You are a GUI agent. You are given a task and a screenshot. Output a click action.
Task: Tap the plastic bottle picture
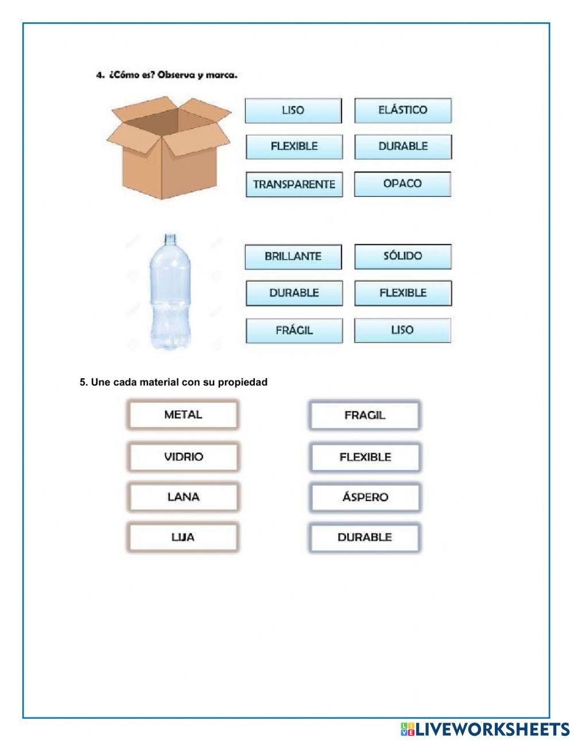pyautogui.click(x=169, y=293)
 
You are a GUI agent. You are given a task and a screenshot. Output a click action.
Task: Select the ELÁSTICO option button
pyautogui.click(x=402, y=110)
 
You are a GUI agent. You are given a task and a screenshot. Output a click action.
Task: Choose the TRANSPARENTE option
pyautogui.click(x=294, y=184)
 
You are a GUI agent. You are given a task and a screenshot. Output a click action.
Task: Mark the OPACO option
pyautogui.click(x=402, y=184)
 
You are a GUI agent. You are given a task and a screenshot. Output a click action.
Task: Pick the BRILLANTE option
pyautogui.click(x=293, y=257)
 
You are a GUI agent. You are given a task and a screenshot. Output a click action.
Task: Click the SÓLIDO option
pyautogui.click(x=402, y=256)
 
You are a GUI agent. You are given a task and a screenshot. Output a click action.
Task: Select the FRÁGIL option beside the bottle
pyautogui.click(x=294, y=331)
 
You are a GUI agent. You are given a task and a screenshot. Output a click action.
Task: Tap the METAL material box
pyautogui.click(x=183, y=414)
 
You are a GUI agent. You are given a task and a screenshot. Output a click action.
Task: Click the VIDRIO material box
pyautogui.click(x=183, y=457)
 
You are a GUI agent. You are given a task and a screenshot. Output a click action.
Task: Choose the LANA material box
pyautogui.click(x=183, y=497)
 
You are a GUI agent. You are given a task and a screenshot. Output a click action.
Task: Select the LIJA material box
pyautogui.click(x=183, y=537)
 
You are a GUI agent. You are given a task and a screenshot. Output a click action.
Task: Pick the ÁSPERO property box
pyautogui.click(x=364, y=497)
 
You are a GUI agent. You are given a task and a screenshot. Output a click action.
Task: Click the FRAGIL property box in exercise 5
pyautogui.click(x=364, y=415)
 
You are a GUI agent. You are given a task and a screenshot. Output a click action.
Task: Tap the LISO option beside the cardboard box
pyautogui.click(x=293, y=110)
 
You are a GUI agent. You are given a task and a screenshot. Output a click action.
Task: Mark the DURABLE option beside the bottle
pyautogui.click(x=294, y=293)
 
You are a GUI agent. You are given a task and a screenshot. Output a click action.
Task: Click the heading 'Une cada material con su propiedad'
pyautogui.click(x=173, y=382)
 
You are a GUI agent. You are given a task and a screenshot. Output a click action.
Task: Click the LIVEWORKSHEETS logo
pyautogui.click(x=485, y=729)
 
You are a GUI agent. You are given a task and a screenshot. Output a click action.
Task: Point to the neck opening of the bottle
pyautogui.click(x=169, y=235)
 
